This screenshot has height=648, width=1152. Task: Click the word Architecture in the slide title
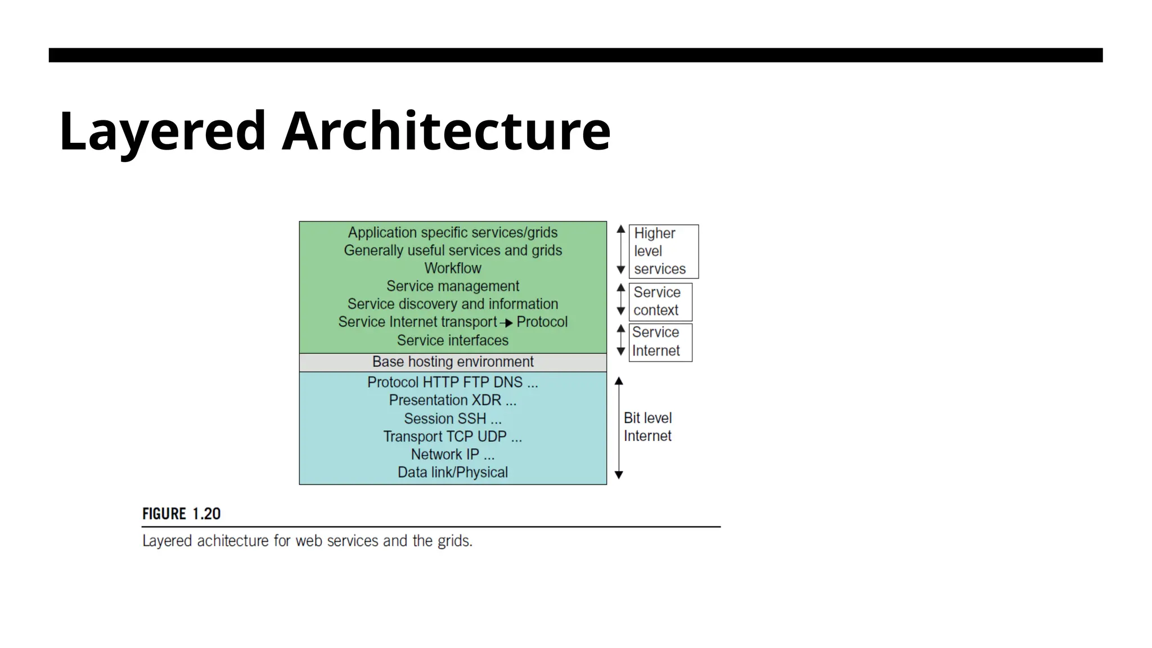click(446, 131)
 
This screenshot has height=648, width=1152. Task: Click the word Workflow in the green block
click(452, 268)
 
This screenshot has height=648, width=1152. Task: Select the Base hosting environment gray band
click(452, 362)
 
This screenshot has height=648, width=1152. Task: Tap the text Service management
click(452, 286)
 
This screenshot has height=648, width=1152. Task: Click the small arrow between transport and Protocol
click(506, 323)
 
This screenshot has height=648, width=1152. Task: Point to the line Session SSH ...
click(452, 418)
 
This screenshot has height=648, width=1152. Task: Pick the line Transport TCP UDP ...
click(452, 436)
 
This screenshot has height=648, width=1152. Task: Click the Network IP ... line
click(452, 454)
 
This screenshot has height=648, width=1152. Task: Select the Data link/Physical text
click(452, 472)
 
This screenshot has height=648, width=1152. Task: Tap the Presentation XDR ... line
click(452, 400)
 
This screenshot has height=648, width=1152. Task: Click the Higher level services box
click(663, 251)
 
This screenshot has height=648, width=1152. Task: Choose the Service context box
click(659, 301)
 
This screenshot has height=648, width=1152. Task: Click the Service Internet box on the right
click(659, 342)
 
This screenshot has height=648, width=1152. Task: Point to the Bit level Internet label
click(647, 427)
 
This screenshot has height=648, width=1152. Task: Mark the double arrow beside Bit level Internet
click(619, 427)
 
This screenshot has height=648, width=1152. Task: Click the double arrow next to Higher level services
click(621, 250)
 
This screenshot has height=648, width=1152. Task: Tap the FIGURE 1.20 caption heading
click(181, 514)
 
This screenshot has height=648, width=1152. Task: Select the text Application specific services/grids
click(452, 232)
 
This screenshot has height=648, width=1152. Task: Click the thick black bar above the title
click(575, 55)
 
